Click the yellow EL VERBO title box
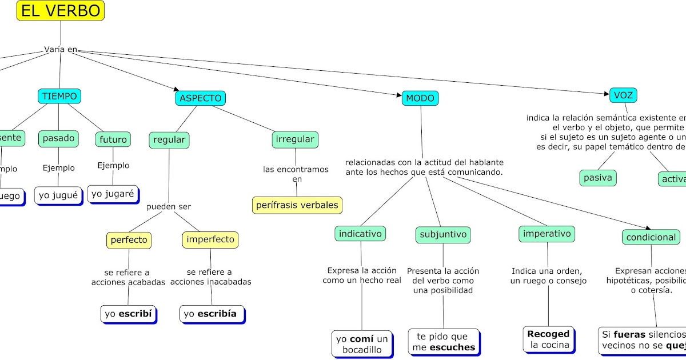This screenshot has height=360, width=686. (60, 10)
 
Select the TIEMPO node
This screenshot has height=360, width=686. (59, 96)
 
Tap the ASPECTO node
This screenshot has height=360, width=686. (200, 98)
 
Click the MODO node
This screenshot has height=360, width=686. (420, 98)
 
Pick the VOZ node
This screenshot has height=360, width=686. (623, 95)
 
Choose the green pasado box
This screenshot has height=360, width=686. (58, 138)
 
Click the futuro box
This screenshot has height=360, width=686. (113, 139)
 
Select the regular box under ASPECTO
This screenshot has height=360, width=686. (169, 139)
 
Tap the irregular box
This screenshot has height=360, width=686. (295, 139)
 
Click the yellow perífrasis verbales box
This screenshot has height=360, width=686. (297, 205)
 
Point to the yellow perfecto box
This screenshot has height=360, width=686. (129, 239)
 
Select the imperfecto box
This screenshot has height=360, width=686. (210, 239)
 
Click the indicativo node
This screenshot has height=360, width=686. (361, 233)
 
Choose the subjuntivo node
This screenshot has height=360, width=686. (444, 234)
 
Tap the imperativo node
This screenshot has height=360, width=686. (547, 233)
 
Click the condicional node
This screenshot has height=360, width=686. (651, 237)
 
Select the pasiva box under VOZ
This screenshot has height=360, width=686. (598, 178)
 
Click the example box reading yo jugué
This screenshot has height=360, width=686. (57, 195)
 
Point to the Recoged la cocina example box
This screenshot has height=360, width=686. (548, 339)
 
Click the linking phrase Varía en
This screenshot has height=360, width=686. (60, 50)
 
